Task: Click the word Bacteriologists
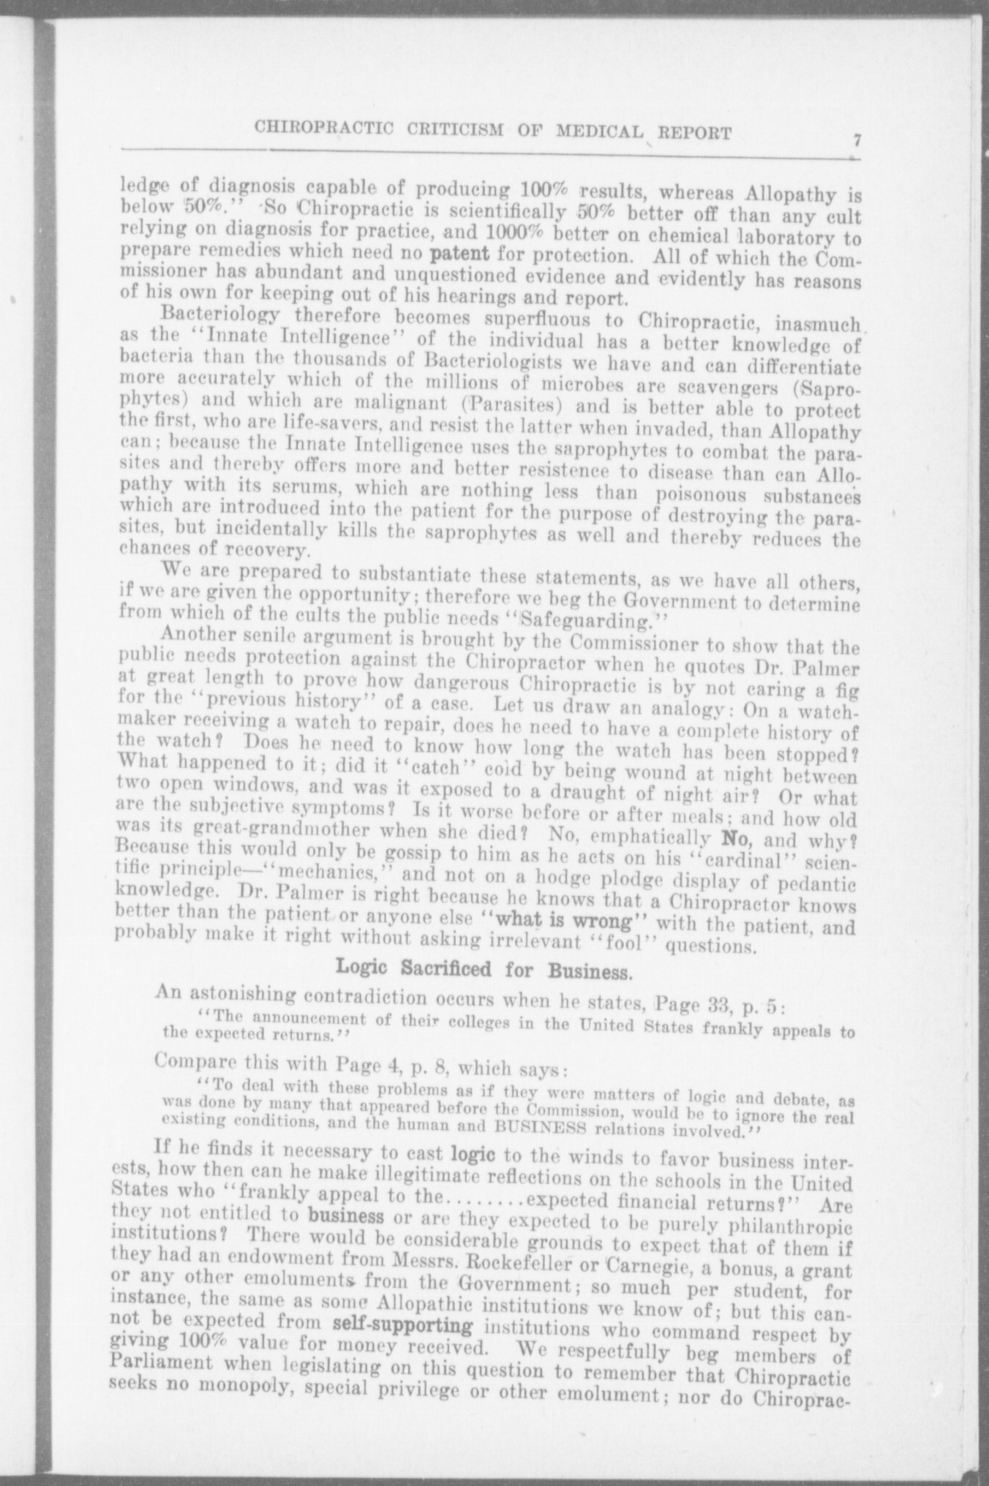[x=459, y=361]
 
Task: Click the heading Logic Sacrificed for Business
[x=484, y=970]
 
